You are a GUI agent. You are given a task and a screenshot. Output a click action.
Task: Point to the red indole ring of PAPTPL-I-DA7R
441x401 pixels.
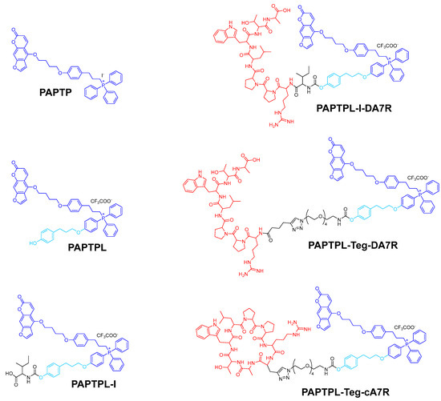coord(220,37)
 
